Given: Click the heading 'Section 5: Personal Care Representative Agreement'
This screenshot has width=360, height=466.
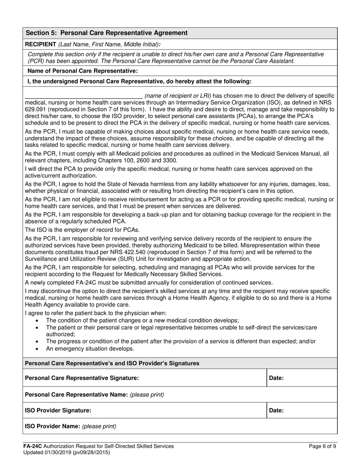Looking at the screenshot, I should point(106,33).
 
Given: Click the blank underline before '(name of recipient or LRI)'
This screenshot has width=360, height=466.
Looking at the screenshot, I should point(83,96).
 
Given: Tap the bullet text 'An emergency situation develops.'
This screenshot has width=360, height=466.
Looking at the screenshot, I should point(90,349).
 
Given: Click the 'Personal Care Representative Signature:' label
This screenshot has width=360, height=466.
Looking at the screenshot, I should point(81,378).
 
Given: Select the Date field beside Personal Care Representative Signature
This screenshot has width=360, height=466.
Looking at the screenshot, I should point(302,378).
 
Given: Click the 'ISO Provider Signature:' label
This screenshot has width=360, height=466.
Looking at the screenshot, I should point(58,410).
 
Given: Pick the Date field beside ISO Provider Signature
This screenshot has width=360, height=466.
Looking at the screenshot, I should point(302,410).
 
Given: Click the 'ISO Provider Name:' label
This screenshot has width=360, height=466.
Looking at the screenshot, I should point(52,426).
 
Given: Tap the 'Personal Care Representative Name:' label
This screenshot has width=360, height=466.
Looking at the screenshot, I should point(76,394).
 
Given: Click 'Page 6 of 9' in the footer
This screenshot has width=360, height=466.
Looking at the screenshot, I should point(322,446).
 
